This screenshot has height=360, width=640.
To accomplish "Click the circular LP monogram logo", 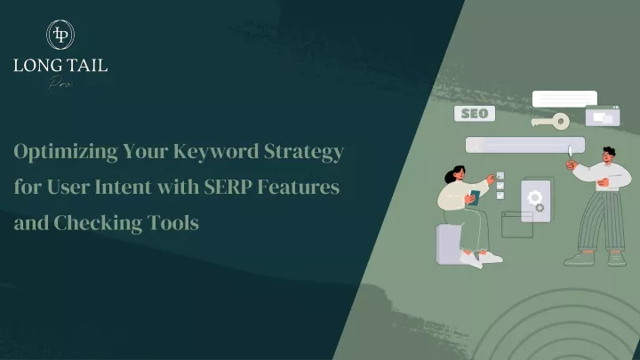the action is click(60, 35).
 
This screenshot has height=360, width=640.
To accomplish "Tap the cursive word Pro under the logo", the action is click(60, 82).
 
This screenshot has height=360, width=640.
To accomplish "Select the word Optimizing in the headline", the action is click(66, 152).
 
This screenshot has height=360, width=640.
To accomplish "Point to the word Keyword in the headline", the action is click(216, 151).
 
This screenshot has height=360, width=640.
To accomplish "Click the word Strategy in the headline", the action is click(304, 152).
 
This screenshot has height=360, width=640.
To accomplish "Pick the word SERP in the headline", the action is click(228, 187).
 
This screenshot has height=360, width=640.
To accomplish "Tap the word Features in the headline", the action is click(299, 187).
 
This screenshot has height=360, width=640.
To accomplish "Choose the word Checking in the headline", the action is click(98, 223).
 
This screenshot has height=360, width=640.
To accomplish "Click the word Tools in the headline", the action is click(173, 223).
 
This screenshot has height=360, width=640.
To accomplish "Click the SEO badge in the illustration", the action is click(475, 114).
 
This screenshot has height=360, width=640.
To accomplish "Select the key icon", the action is click(550, 121).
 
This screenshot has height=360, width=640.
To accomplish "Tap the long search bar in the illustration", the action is click(525, 145).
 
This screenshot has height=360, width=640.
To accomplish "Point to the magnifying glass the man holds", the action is click(570, 153).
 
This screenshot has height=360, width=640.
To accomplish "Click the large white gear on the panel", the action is click(534, 198).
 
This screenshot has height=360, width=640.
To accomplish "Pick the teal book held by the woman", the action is click(474, 197).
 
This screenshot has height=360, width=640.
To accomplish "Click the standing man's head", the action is click(608, 155).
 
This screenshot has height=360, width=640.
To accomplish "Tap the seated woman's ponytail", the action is click(450, 176).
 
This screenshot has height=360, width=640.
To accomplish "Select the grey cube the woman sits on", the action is click(449, 244).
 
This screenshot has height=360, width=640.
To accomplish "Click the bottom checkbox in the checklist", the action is click(500, 196).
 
